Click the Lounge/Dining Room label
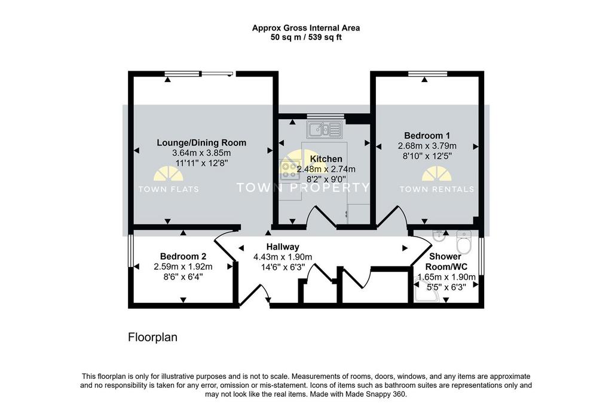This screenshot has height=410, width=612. click(201, 142)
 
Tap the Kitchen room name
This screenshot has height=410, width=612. click(326, 159)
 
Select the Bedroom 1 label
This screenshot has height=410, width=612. click(427, 136)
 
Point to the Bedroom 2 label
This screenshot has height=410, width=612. click(183, 256)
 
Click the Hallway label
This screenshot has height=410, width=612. click(283, 247)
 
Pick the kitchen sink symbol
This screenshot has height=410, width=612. click(325, 129)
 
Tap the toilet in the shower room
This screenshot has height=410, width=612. click(464, 242)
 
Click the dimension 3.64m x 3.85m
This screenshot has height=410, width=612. click(201, 153)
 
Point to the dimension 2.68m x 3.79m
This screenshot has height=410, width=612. click(427, 146)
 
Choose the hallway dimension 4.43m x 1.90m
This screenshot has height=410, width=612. click(283, 257)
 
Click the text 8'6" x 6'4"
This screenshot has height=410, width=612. click(183, 277)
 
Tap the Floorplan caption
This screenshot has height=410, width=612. click(152, 338)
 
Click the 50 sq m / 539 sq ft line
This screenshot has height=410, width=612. click(306, 38)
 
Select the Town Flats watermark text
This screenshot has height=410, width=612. click(169, 189)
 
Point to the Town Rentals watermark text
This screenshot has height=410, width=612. click(437, 189)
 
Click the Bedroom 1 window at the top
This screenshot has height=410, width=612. click(428, 74)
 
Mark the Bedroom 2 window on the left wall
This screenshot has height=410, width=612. click(131, 254)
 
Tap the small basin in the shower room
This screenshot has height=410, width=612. click(438, 235)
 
